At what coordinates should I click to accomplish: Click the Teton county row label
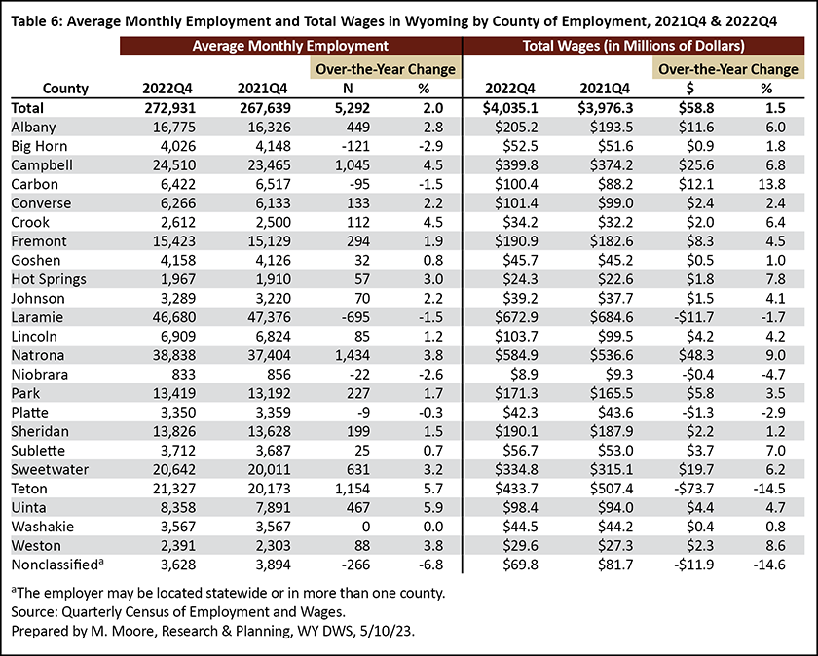(29, 489)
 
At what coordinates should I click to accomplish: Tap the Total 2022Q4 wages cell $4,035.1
(510, 108)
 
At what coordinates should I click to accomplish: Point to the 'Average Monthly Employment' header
(290, 46)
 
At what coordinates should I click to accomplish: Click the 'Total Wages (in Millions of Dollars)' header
(633, 46)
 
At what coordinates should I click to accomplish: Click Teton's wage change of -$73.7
(692, 489)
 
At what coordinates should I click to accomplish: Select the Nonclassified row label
(57, 565)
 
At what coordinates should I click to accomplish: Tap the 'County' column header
(65, 89)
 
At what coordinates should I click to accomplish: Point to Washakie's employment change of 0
(366, 527)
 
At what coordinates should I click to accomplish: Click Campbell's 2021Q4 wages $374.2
(612, 165)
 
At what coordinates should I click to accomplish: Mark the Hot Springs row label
(49, 279)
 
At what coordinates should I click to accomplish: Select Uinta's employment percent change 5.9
(433, 508)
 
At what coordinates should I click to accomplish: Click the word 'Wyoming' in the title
(429, 21)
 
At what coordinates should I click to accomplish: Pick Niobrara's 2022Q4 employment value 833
(183, 375)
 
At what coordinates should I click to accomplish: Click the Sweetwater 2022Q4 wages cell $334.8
(516, 470)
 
